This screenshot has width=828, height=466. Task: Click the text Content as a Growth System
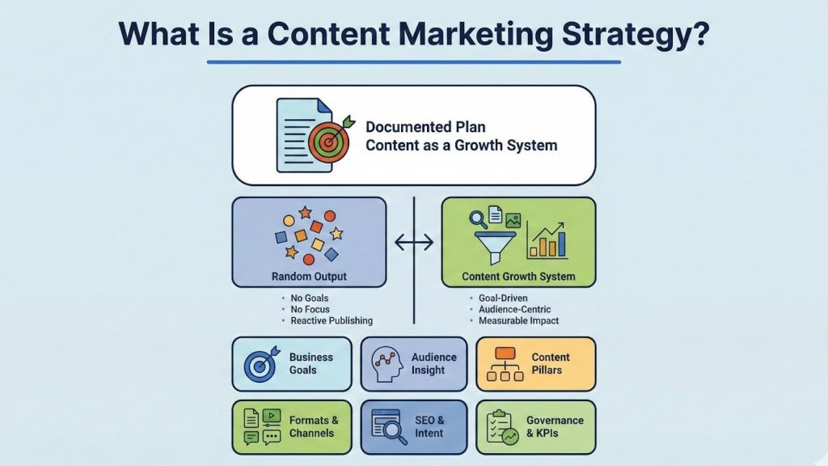(461, 146)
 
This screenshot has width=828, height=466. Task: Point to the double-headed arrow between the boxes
(413, 241)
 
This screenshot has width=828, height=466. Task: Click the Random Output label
(309, 277)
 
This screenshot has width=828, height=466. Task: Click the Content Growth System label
(518, 277)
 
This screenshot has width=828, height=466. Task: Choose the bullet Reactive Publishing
(332, 321)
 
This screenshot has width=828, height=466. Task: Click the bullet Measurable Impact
(517, 321)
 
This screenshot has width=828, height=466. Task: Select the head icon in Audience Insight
(387, 363)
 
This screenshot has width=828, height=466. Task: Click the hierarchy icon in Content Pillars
(505, 364)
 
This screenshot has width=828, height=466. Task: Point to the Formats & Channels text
(313, 426)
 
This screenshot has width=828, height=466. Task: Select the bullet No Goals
(310, 299)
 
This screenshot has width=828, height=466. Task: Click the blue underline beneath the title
(413, 61)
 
